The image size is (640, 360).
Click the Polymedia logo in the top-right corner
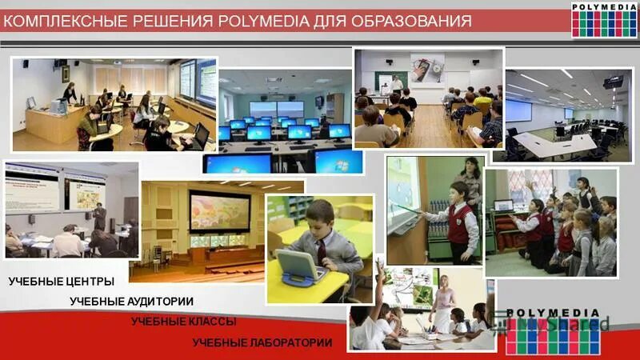604,19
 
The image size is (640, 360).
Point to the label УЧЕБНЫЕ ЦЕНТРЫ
62,282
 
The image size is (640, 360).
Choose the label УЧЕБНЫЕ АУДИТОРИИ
131,302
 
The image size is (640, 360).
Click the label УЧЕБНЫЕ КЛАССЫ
183,322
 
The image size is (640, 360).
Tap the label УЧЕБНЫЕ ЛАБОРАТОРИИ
262,342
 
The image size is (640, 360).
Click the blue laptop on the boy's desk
301,266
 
